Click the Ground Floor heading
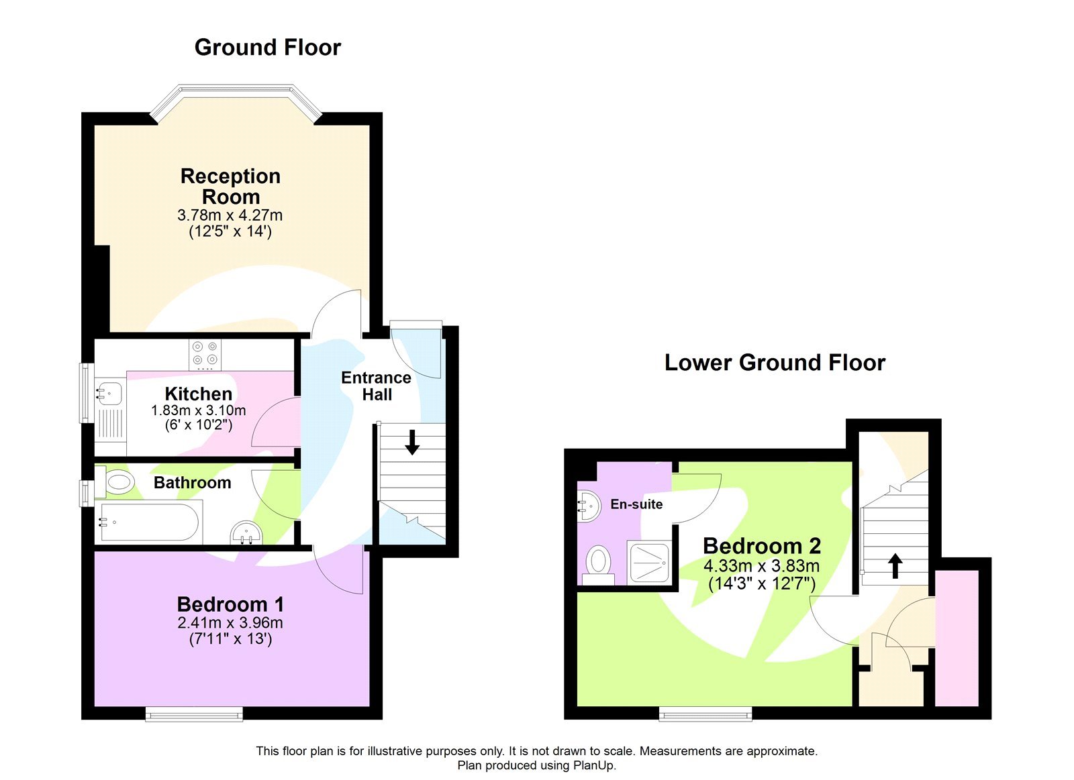click(267, 48)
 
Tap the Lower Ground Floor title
click(775, 363)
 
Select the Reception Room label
click(230, 186)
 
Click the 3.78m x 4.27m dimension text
click(230, 215)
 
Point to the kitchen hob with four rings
click(205, 354)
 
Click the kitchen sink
click(108, 392)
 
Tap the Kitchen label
click(198, 394)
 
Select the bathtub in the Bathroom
click(150, 522)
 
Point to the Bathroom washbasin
click(246, 533)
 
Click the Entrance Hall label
click(376, 386)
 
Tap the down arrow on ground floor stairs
click(412, 443)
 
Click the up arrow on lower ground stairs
click(895, 565)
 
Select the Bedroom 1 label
click(230, 604)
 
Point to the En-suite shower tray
click(649, 561)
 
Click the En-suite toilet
click(598, 562)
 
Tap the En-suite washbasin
click(589, 506)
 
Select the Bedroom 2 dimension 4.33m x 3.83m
click(761, 565)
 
